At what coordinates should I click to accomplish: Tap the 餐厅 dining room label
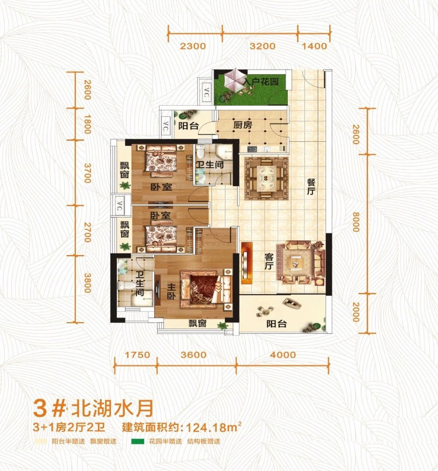tap(311, 187)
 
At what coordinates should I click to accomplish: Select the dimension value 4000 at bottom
tap(283, 355)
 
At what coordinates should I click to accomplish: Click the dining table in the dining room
tap(263, 174)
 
